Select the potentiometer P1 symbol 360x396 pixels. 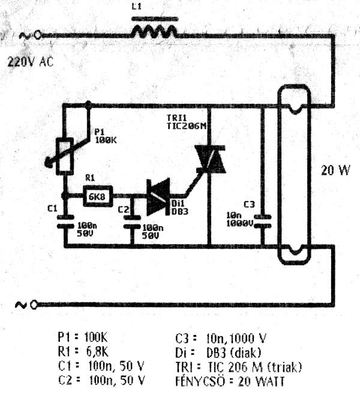tap(63, 155)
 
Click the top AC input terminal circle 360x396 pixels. tap(37, 36)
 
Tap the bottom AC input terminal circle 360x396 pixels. tap(35, 305)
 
